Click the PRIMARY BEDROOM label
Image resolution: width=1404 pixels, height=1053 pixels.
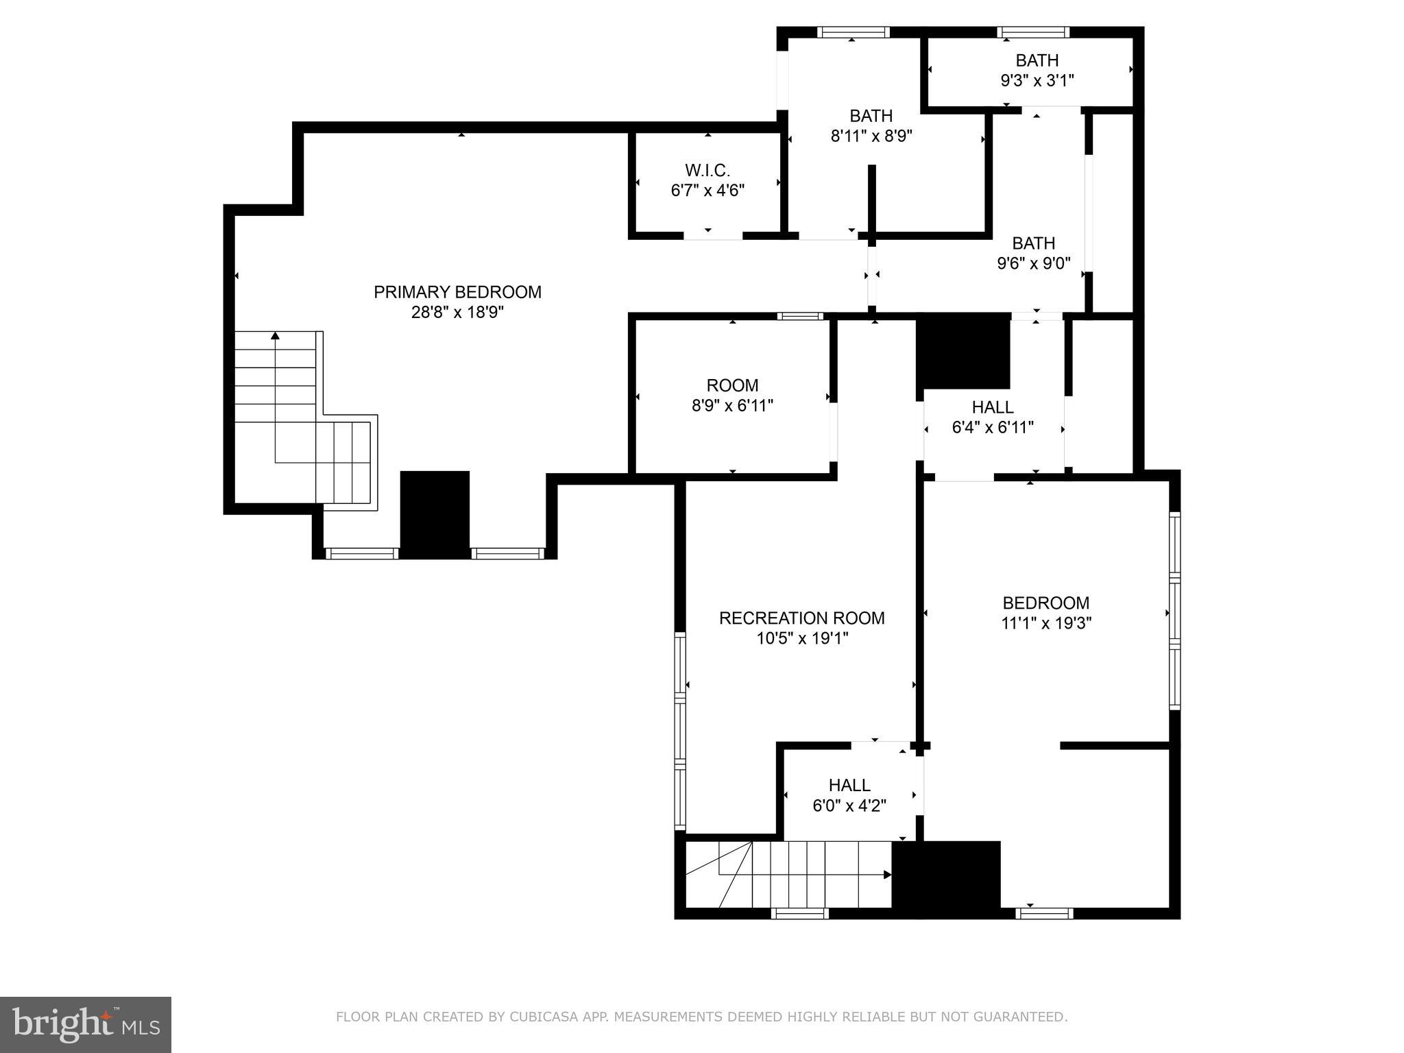(457, 292)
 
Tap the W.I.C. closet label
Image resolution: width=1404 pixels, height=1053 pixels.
(707, 170)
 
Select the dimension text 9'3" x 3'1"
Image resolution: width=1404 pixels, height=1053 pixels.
(1037, 81)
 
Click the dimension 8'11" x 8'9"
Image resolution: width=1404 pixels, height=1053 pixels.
(871, 136)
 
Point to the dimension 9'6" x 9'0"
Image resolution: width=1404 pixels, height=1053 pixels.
(1033, 264)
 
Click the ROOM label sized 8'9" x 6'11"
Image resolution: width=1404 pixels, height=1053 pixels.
(732, 385)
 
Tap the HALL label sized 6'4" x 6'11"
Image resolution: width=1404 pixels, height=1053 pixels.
(992, 407)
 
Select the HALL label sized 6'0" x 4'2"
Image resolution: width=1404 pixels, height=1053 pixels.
(849, 785)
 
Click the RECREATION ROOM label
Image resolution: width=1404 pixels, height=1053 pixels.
(801, 618)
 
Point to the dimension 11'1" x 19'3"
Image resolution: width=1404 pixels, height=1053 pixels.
(1045, 623)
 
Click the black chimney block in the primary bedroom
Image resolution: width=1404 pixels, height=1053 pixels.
(435, 513)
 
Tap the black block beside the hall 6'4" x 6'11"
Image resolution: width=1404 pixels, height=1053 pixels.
(963, 352)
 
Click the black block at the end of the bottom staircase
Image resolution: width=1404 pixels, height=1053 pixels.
(946, 878)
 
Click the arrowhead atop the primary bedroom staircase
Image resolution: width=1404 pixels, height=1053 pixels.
(275, 335)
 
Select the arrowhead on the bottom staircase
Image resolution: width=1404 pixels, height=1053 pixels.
(887, 875)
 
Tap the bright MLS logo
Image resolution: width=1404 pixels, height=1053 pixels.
(85, 1024)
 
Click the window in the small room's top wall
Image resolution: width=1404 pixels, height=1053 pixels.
(800, 316)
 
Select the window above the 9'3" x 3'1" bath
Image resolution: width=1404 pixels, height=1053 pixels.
(1032, 32)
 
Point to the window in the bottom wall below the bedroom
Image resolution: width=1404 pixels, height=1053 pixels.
(1044, 912)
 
